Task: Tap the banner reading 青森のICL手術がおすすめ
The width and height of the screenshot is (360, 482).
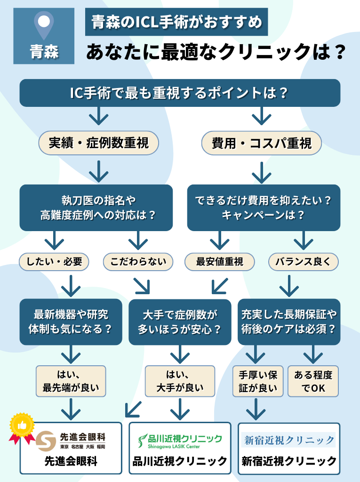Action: click(176, 22)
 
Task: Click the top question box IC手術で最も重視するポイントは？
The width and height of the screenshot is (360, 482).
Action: click(179, 93)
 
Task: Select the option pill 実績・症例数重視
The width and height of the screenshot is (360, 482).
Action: click(98, 143)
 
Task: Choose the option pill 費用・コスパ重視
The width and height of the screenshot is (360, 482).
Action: click(262, 143)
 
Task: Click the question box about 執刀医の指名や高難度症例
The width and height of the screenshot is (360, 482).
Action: click(96, 208)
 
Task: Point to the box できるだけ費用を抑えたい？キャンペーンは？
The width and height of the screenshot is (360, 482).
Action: click(264, 208)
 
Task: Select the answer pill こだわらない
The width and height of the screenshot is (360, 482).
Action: click(138, 262)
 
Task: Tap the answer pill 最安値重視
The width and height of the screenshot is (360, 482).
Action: click(219, 262)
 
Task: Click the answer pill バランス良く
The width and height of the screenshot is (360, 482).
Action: click(303, 262)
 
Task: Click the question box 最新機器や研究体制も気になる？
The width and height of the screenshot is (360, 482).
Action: click(71, 322)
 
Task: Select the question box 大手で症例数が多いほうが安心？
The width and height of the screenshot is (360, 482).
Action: click(180, 322)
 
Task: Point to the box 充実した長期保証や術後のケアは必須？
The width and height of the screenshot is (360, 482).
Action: click(289, 322)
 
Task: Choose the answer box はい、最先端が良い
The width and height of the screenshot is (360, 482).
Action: click(71, 381)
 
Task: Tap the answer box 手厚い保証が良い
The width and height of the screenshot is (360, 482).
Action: click(258, 381)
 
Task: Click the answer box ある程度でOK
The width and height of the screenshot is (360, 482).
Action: click(313, 381)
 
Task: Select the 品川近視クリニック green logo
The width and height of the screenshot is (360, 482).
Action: click(180, 441)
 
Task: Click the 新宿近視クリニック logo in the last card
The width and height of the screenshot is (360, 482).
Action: click(289, 441)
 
